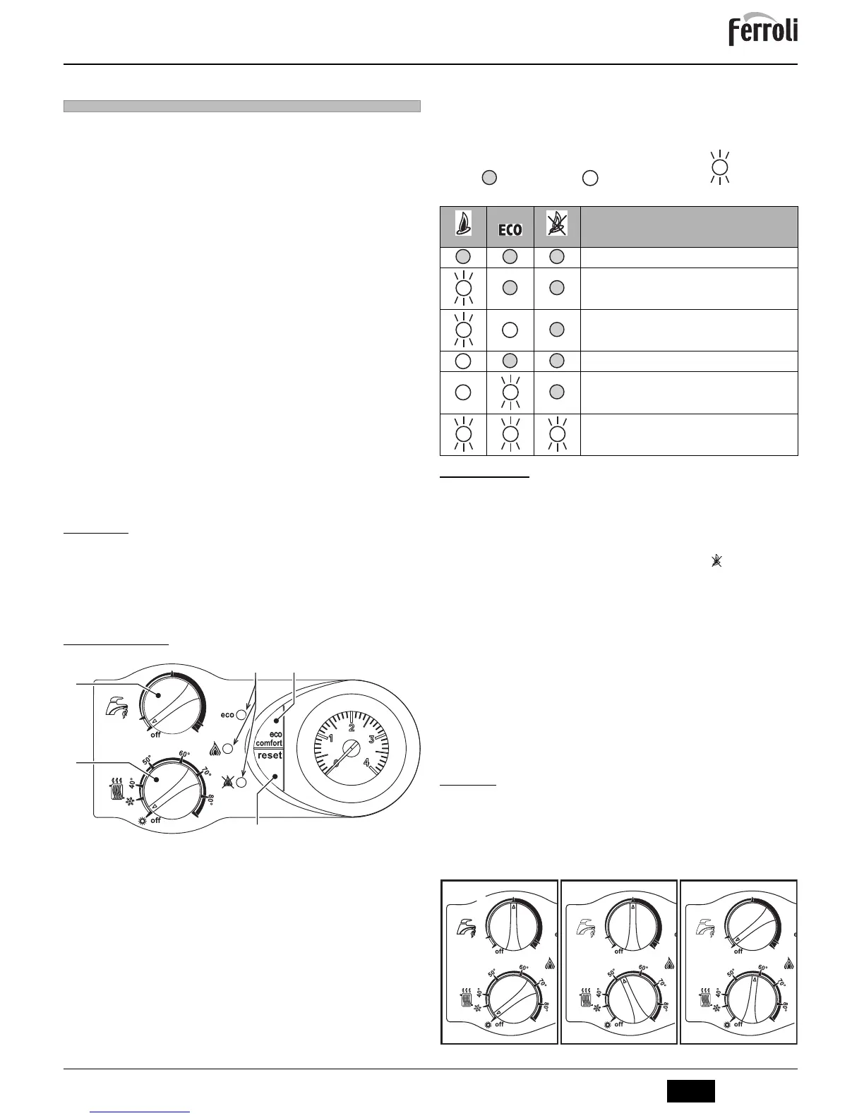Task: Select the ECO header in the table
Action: point(510,230)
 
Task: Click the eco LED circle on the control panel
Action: point(241,714)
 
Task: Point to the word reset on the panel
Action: point(269,755)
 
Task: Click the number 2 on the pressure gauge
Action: point(352,728)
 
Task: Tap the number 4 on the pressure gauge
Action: point(366,762)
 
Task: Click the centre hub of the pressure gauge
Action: point(351,750)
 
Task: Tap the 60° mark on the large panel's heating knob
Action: point(186,754)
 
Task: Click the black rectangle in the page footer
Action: point(691,1090)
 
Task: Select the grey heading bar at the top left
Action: point(241,107)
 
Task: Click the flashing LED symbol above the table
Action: point(719,167)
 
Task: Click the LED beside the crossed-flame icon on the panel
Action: point(241,782)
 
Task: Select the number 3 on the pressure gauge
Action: point(372,740)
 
